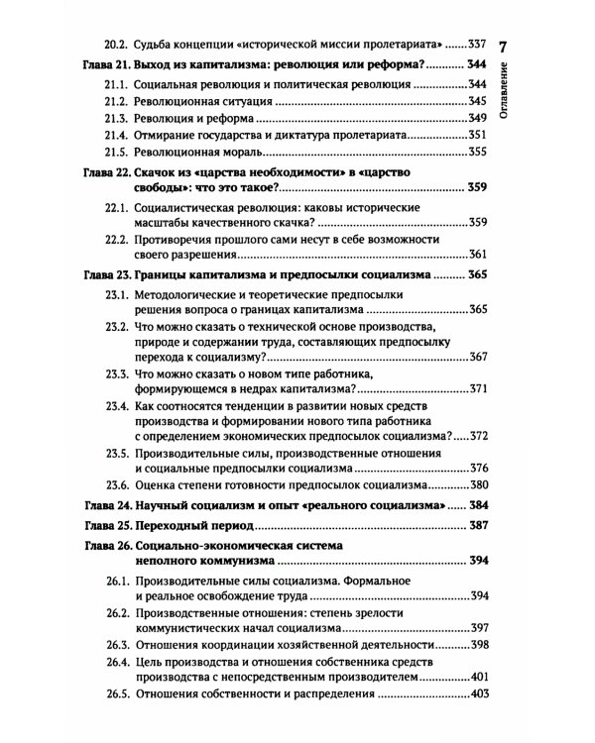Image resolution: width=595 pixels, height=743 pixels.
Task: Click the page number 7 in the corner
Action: (x=502, y=47)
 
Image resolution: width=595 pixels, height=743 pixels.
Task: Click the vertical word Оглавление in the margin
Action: (x=504, y=89)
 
